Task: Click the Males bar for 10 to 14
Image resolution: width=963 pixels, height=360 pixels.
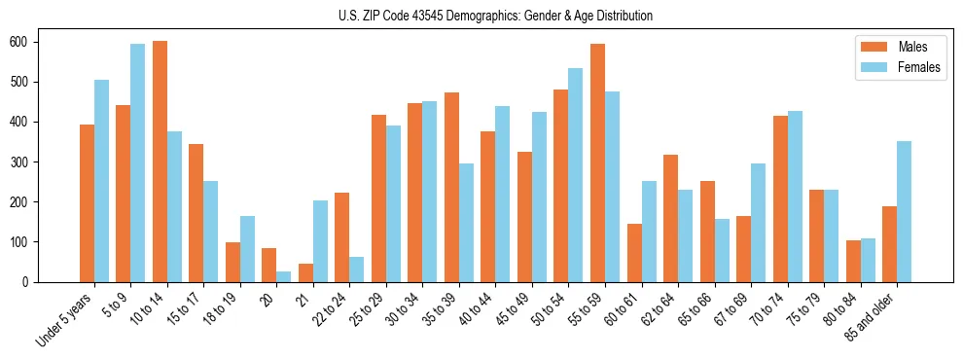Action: pyautogui.click(x=160, y=162)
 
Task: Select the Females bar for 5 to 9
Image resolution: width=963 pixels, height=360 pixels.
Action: pyautogui.click(x=138, y=162)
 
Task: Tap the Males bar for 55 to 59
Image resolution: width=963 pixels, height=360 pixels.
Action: pyautogui.click(x=597, y=162)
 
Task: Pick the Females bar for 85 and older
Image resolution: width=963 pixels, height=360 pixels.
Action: pyautogui.click(x=905, y=211)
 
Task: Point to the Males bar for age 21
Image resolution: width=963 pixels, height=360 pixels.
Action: pyautogui.click(x=305, y=272)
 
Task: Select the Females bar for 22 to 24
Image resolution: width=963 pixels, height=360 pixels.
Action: pyautogui.click(x=357, y=270)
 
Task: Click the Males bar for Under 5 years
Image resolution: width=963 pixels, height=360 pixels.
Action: pyautogui.click(x=87, y=203)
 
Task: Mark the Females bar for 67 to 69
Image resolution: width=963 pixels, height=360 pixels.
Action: pyautogui.click(x=759, y=223)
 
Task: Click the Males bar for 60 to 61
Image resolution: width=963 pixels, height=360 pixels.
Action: pyautogui.click(x=634, y=253)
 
